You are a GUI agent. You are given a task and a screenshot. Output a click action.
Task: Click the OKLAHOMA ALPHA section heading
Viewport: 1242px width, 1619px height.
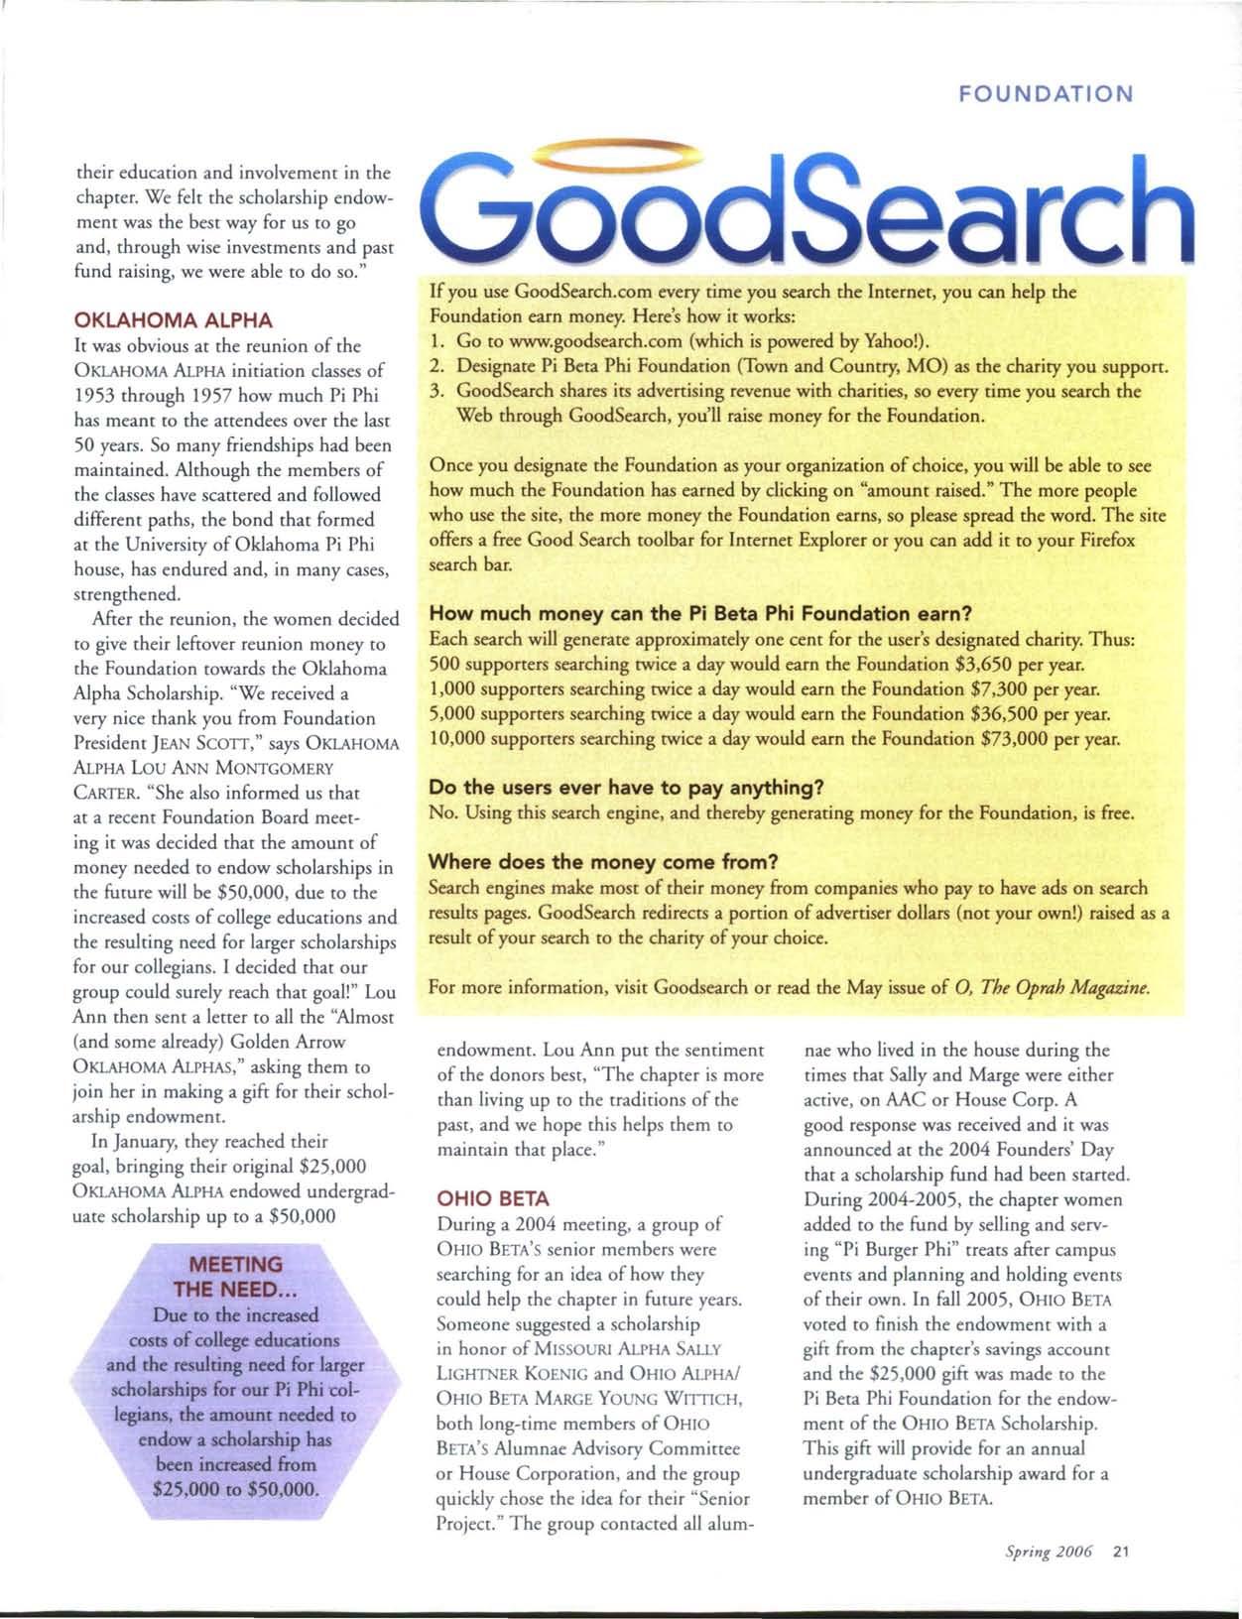click(x=173, y=320)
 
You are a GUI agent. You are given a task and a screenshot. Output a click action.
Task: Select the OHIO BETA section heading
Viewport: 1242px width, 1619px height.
click(x=493, y=1197)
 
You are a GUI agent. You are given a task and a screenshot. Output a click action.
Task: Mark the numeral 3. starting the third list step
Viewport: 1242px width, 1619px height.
click(x=435, y=391)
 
